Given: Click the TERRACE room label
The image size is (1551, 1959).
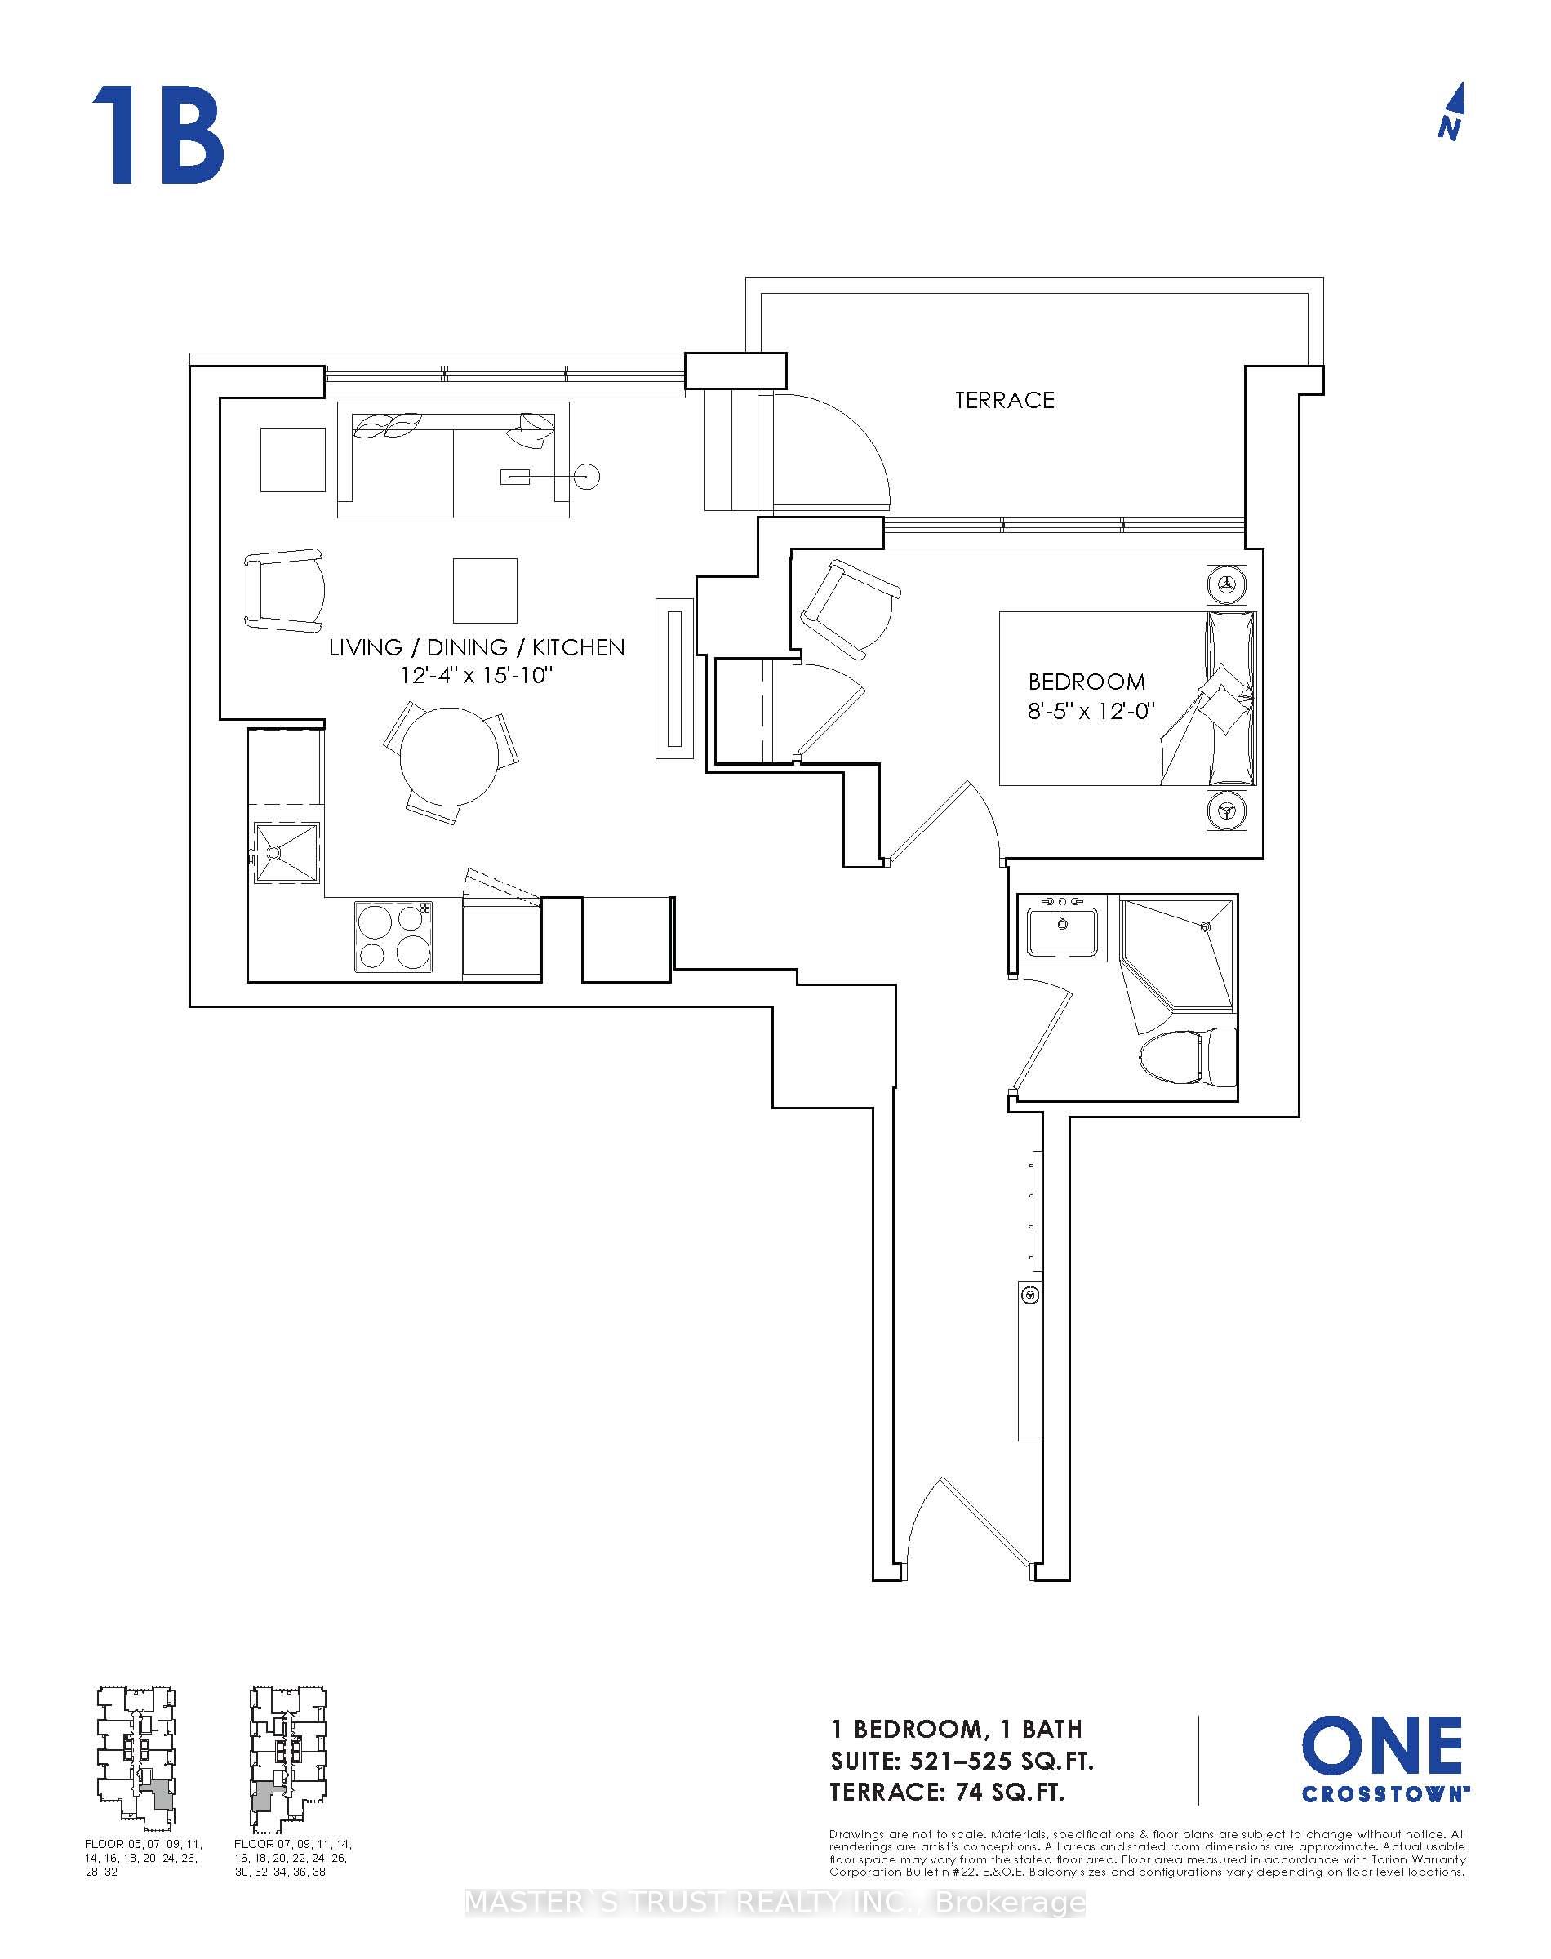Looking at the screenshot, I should click(1003, 400).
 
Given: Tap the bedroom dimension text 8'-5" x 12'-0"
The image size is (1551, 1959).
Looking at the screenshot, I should click(1090, 711).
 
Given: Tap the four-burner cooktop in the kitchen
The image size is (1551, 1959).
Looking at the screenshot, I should click(394, 937).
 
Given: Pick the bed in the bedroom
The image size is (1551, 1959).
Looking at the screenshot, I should click(1126, 698).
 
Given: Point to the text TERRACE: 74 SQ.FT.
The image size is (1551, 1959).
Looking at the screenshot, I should click(946, 1792).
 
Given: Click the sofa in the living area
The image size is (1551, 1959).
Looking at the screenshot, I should click(452, 460).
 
